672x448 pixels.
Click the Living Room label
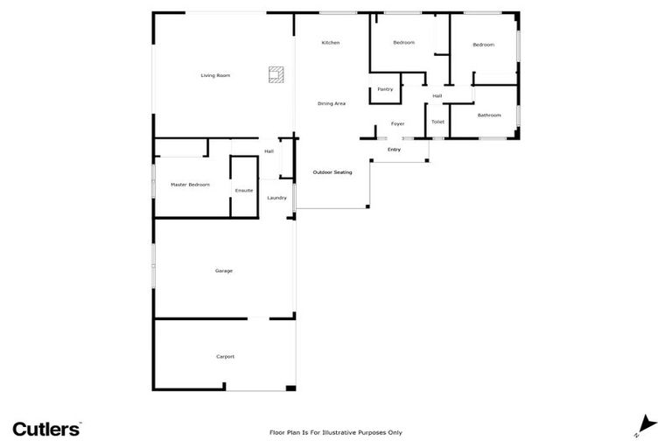point(215,76)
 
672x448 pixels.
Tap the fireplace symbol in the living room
point(276,74)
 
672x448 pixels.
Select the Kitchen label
point(330,43)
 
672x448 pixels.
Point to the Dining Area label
point(331,104)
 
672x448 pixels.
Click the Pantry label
point(385,89)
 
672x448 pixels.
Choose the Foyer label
point(397,123)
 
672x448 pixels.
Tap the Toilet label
point(437,122)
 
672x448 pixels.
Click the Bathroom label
point(489,115)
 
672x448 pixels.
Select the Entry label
point(394,150)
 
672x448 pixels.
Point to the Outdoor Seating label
point(332,172)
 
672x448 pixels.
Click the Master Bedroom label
point(190,185)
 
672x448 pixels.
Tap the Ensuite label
point(244,190)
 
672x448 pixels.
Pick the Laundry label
point(276,198)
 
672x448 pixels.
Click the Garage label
point(224,271)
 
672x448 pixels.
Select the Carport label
point(225,356)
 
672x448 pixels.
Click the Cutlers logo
point(46,429)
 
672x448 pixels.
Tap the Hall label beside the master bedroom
point(269,151)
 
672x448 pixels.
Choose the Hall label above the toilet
point(437,95)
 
